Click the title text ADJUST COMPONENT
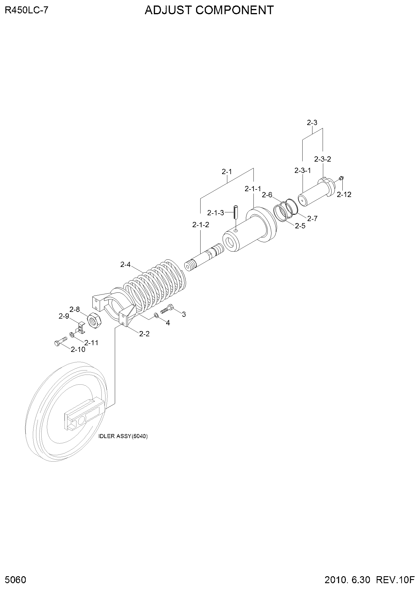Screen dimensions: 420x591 tap(209, 10)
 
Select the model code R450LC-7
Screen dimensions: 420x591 tap(26, 11)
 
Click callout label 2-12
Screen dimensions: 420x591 tap(344, 195)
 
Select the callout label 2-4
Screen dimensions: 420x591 tap(126, 264)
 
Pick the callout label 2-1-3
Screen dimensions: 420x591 tap(216, 213)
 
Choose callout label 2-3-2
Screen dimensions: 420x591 tap(323, 159)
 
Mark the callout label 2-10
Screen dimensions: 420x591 tap(78, 350)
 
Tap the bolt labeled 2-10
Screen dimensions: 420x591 tap(61, 340)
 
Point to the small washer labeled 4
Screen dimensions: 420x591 tap(157, 315)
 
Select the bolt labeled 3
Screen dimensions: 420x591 tap(167, 308)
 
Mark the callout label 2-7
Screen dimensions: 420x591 tap(312, 218)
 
